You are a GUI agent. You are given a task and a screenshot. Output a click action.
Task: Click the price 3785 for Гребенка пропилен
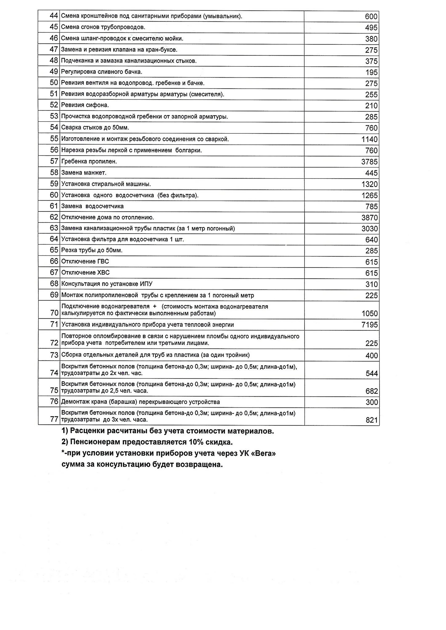[x=369, y=162]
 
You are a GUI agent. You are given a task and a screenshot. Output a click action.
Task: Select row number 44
[x=54, y=16]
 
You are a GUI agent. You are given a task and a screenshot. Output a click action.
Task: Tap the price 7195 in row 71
[x=369, y=325]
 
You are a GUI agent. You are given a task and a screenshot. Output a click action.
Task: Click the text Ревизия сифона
[x=85, y=105]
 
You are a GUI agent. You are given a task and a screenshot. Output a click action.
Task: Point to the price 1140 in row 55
[x=369, y=139]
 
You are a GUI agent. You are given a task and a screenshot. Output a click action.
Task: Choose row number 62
[x=54, y=217]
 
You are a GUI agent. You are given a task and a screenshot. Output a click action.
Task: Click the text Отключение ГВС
[x=85, y=261]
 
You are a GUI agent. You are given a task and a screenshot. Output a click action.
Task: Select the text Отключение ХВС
[x=85, y=272]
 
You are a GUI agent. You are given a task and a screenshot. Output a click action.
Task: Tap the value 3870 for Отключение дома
[x=369, y=218]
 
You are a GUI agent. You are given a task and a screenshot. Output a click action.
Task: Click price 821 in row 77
[x=372, y=420]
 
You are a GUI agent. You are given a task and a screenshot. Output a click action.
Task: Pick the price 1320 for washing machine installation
[x=369, y=184]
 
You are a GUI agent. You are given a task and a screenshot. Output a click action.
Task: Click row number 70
[x=54, y=313]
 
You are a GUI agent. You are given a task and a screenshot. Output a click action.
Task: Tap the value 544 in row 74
[x=372, y=373]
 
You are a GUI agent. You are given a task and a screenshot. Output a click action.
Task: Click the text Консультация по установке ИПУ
[x=107, y=284]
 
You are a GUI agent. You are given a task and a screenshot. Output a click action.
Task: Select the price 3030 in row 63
[x=369, y=229]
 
